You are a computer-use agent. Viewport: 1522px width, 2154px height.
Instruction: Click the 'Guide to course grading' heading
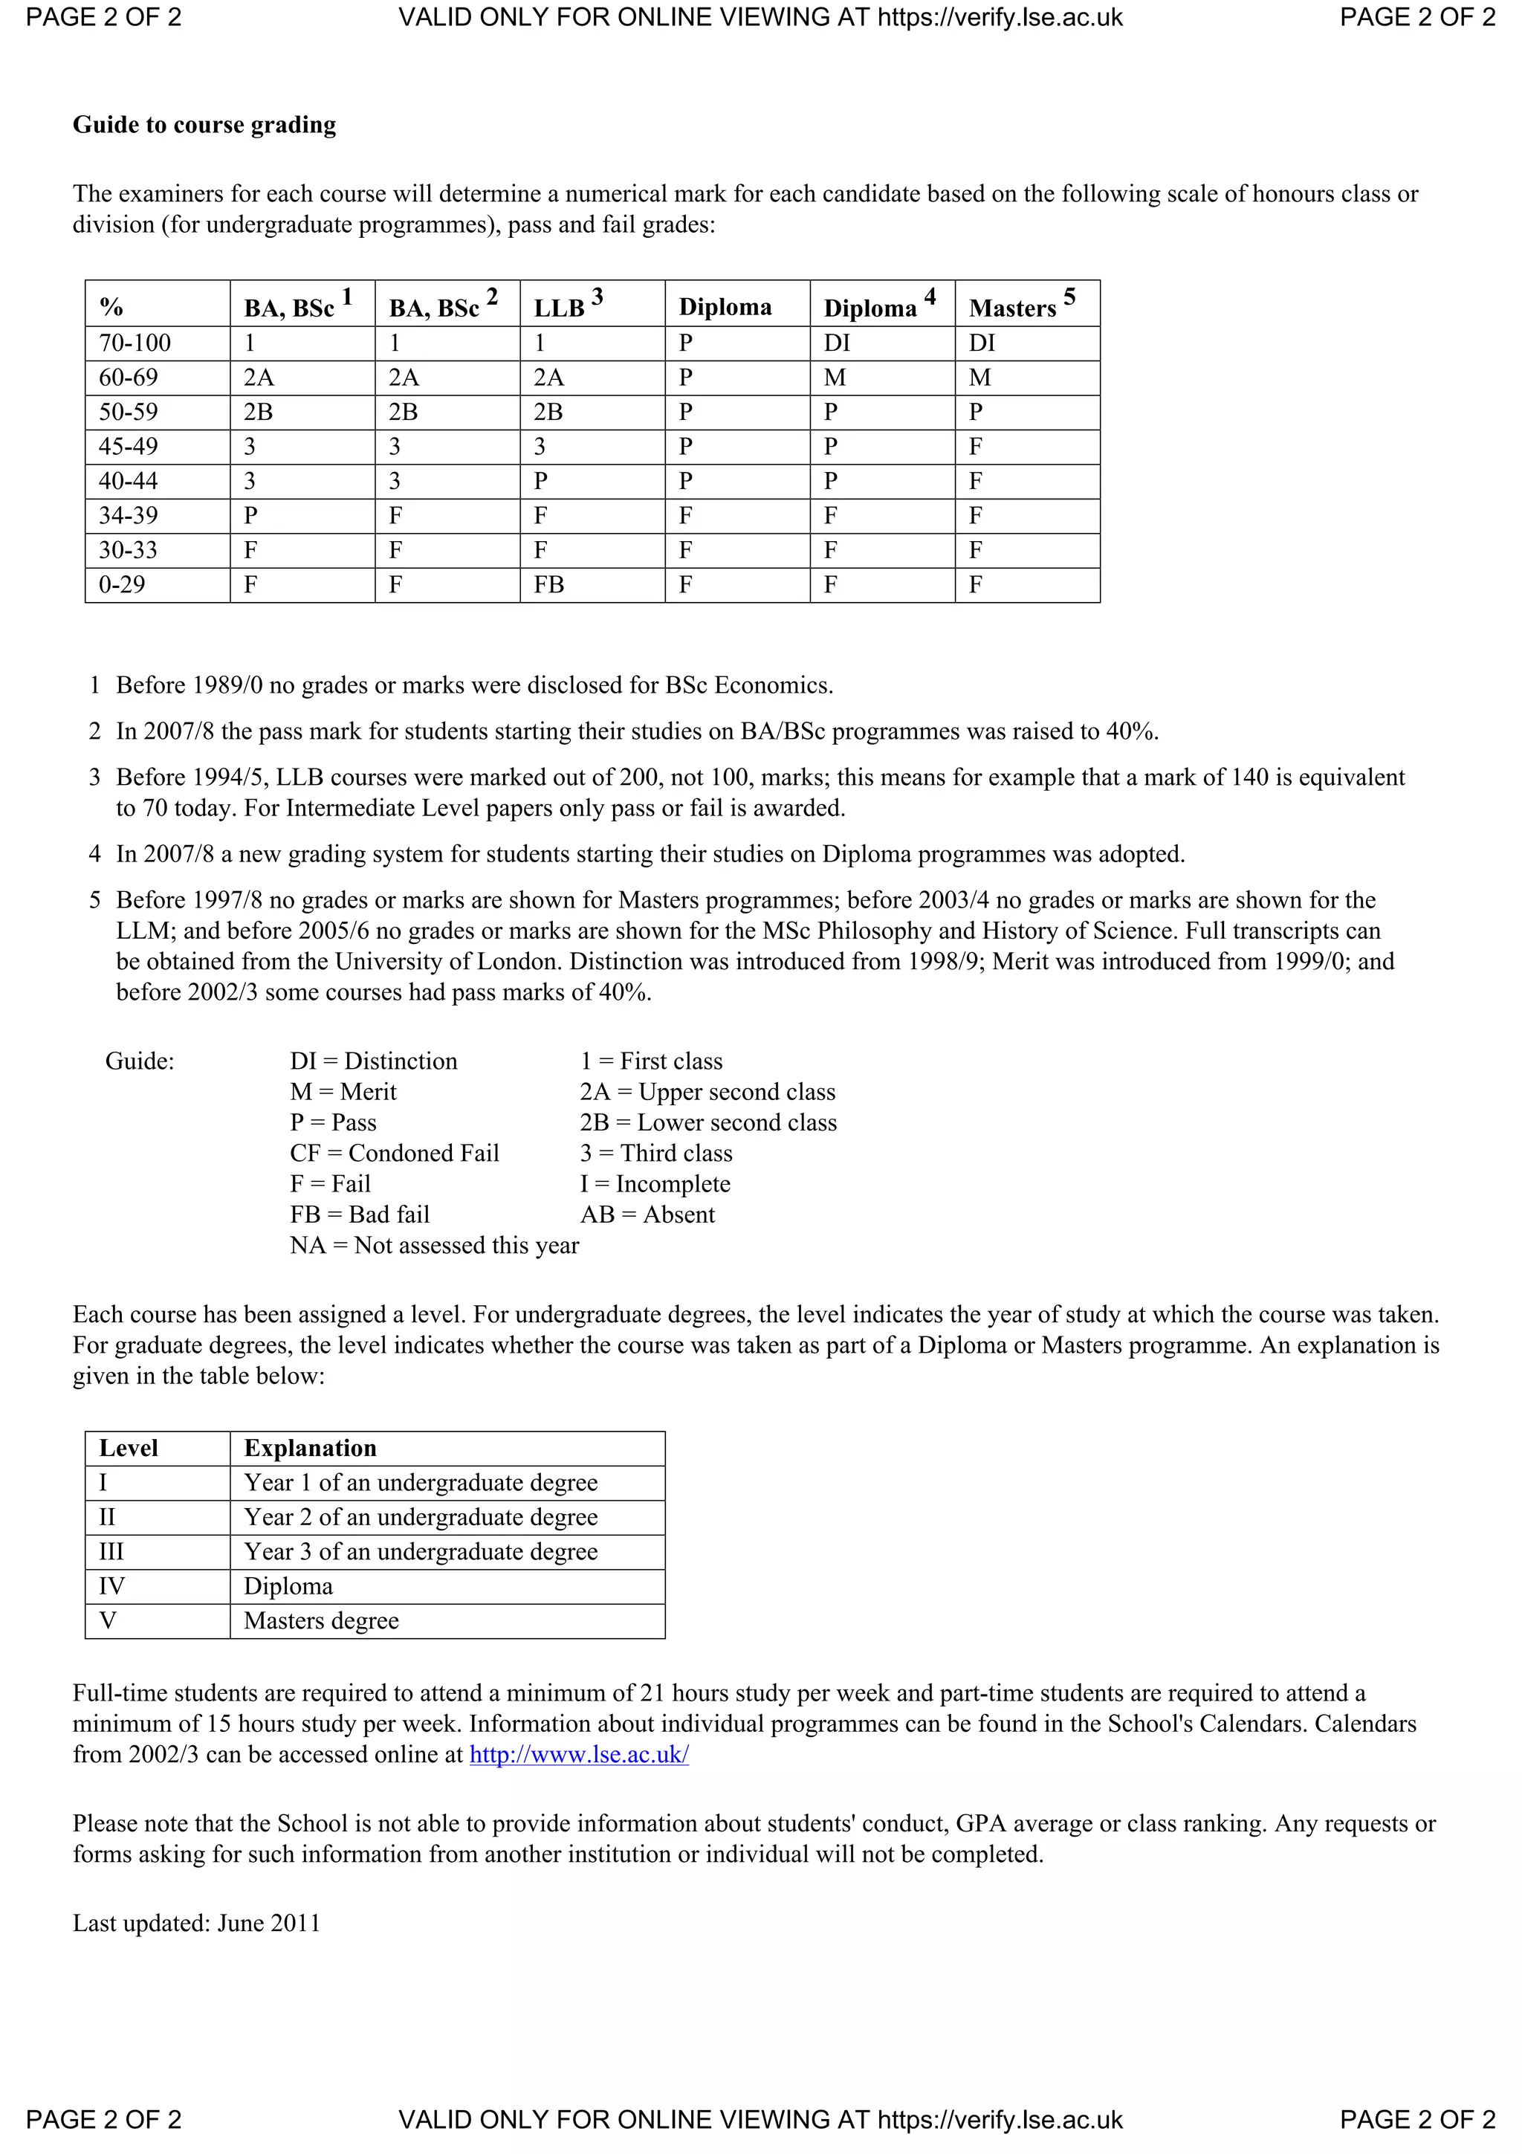[204, 125]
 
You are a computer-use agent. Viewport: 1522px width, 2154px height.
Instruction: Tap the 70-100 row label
[135, 343]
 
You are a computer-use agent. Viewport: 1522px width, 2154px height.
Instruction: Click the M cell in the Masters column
[980, 378]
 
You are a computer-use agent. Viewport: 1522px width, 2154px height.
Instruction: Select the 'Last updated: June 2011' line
[197, 1924]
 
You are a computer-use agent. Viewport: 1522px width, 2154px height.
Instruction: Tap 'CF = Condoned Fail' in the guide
[395, 1153]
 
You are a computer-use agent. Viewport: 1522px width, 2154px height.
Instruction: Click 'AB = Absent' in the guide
[647, 1215]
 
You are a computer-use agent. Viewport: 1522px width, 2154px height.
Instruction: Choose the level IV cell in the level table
[111, 1586]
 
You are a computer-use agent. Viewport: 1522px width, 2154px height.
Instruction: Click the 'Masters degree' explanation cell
[322, 1621]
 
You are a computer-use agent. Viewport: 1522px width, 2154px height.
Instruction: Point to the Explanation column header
[311, 1449]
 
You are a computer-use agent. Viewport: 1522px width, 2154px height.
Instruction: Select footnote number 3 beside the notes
[94, 777]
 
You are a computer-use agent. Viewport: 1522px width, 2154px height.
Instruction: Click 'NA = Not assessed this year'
[434, 1246]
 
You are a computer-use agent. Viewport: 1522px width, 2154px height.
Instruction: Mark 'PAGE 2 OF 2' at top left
[103, 18]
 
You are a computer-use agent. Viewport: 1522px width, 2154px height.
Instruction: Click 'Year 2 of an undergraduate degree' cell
[421, 1518]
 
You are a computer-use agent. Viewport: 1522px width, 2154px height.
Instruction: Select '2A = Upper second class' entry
[707, 1092]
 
